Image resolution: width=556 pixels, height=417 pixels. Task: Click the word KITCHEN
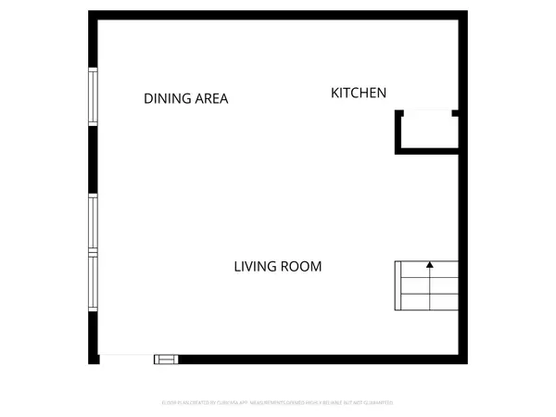[x=359, y=93]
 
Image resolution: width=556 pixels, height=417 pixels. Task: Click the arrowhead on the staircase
[x=430, y=265]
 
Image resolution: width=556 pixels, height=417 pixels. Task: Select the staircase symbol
[x=427, y=287]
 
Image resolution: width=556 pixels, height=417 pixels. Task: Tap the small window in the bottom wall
[x=165, y=359]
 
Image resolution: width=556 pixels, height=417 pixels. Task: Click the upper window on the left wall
[x=93, y=96]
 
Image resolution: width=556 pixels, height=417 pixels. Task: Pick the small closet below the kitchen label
[x=427, y=131]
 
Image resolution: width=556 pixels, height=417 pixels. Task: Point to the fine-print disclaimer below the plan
[x=278, y=403]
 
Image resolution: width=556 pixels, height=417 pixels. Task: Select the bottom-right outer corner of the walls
[x=466, y=361]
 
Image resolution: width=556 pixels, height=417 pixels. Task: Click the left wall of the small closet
[x=398, y=131]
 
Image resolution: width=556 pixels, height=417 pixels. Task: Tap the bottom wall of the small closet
[x=427, y=150]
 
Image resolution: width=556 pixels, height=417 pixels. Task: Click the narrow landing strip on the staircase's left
[x=400, y=287]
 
